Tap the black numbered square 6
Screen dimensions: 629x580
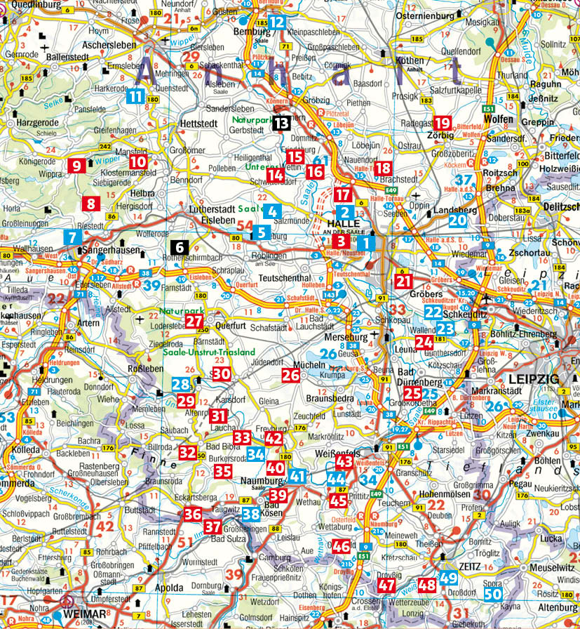point(180,247)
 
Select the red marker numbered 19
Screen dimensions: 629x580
point(443,124)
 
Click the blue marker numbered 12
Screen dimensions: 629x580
point(277,22)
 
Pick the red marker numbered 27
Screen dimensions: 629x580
point(194,321)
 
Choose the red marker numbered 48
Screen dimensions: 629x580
point(428,584)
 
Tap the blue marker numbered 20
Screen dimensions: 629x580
point(457,220)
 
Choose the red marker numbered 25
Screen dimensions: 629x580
point(413,393)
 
